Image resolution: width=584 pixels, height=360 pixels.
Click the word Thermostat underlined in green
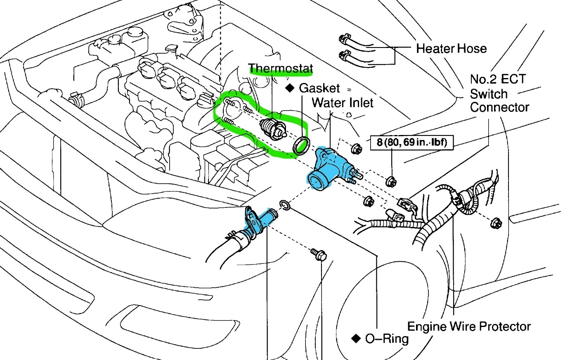click(x=281, y=68)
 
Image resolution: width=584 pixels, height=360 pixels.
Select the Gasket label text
click(x=319, y=88)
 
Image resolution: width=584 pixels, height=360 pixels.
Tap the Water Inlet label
click(x=343, y=102)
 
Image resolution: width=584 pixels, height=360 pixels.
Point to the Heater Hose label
click(x=451, y=49)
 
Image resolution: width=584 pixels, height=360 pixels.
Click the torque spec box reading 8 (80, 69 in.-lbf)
click(x=411, y=143)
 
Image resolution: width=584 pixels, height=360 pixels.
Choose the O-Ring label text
click(x=387, y=339)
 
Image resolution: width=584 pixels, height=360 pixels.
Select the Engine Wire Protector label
click(x=469, y=327)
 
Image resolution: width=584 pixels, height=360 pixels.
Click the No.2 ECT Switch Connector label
click(x=499, y=93)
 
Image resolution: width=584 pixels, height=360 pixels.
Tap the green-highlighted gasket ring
click(x=301, y=145)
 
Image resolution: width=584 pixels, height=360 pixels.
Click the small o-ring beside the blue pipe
click(x=285, y=205)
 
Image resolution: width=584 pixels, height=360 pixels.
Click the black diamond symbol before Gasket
click(x=290, y=88)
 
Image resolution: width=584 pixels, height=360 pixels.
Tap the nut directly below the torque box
click(x=390, y=180)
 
